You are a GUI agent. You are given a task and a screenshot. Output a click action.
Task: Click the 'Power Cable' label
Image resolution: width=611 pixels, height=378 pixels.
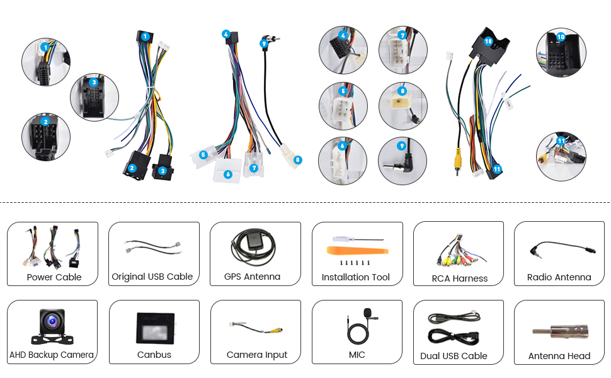(x=54, y=277)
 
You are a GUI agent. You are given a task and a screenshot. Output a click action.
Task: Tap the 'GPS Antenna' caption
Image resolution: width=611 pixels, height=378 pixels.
(x=252, y=277)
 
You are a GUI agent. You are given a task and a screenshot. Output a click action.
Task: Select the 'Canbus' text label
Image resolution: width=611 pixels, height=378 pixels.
(x=154, y=355)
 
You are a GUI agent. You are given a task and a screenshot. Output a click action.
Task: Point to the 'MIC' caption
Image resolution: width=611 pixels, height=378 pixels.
(x=357, y=355)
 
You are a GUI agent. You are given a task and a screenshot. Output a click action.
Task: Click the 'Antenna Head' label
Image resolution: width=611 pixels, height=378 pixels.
(x=559, y=356)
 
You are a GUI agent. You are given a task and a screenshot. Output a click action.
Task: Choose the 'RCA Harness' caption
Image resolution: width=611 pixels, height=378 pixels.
(x=460, y=278)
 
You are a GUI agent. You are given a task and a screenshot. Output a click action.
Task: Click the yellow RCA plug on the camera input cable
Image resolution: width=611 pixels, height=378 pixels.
(x=277, y=329)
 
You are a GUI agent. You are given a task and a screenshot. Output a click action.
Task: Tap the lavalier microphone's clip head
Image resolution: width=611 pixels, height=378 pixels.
(x=368, y=313)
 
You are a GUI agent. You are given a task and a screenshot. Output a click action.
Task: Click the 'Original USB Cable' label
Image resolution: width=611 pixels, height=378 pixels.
(x=152, y=277)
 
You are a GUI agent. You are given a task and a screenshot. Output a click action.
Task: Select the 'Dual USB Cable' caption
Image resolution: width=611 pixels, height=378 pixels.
(x=454, y=356)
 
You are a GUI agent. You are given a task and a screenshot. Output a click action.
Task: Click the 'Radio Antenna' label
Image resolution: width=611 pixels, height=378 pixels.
(x=559, y=277)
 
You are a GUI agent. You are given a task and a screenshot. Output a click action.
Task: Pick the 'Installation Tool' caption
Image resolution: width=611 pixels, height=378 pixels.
(x=356, y=277)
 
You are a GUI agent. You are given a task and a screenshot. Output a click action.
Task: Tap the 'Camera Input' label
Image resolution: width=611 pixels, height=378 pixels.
(x=257, y=355)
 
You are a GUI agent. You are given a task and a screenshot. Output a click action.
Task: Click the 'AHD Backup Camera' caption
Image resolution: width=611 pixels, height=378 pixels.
(x=52, y=355)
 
